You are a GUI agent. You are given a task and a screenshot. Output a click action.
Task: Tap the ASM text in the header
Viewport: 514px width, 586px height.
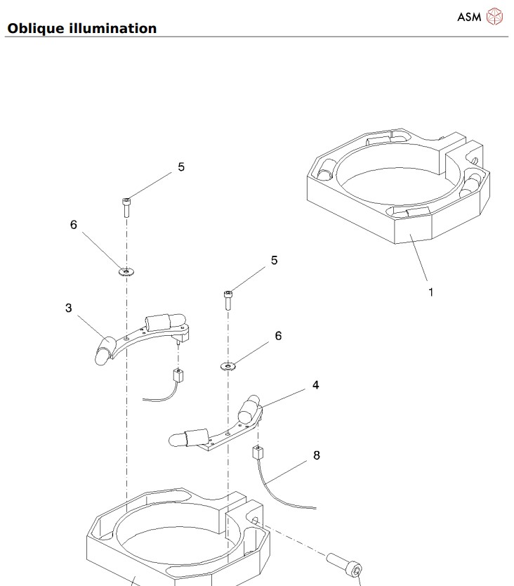tap(469, 16)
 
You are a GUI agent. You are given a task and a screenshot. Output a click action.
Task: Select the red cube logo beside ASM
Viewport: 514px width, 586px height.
tap(496, 16)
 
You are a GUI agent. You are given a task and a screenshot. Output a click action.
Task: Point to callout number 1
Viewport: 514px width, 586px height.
tap(431, 292)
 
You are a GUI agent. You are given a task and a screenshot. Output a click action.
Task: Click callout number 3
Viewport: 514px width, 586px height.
tap(69, 308)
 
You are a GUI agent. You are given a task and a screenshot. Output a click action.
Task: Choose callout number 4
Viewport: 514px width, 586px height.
tap(316, 385)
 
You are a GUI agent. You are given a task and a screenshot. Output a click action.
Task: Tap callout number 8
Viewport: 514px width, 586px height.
tap(317, 455)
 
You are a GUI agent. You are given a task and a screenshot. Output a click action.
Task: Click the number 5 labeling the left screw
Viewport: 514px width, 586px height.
tap(181, 167)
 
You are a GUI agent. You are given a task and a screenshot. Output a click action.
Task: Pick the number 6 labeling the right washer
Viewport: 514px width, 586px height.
tap(278, 336)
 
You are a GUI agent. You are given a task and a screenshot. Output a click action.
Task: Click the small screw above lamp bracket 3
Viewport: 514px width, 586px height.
tap(126, 205)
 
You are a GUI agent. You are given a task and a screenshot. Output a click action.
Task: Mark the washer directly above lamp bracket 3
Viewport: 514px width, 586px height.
tap(126, 271)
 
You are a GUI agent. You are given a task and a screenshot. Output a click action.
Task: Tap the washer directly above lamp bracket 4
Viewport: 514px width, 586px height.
tap(228, 365)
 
